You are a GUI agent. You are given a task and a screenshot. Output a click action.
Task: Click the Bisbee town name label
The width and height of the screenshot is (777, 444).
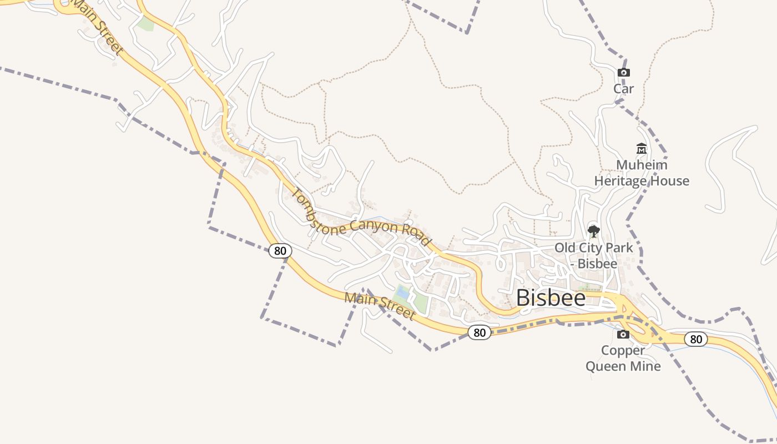coord(551,298)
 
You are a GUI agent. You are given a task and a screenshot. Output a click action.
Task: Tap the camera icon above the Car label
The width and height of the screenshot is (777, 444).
coord(623,72)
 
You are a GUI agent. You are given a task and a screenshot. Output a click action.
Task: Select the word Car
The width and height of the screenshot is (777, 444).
coord(623,89)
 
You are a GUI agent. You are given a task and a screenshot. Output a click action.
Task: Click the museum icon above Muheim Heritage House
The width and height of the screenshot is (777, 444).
coord(642,149)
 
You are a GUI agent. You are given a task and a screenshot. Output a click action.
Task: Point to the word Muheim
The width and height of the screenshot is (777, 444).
coord(642,165)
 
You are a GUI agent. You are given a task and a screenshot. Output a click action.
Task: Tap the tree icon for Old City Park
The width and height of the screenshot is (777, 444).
coord(593,231)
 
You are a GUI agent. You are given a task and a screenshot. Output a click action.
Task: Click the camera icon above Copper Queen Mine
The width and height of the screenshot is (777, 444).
coord(623,334)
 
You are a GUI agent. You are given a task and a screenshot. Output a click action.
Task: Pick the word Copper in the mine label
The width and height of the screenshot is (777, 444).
coord(623,351)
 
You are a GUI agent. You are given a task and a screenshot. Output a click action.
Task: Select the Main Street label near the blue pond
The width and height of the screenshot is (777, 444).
coord(380,306)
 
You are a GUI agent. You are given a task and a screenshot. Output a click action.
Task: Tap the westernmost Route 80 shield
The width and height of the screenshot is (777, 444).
coord(280,251)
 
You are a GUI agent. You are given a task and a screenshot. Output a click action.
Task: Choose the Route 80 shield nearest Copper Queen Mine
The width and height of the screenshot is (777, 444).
coord(695,339)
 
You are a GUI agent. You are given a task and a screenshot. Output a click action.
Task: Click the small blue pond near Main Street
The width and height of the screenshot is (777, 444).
coord(402,292)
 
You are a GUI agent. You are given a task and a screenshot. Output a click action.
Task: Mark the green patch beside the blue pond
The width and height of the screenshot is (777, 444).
coord(420,302)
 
